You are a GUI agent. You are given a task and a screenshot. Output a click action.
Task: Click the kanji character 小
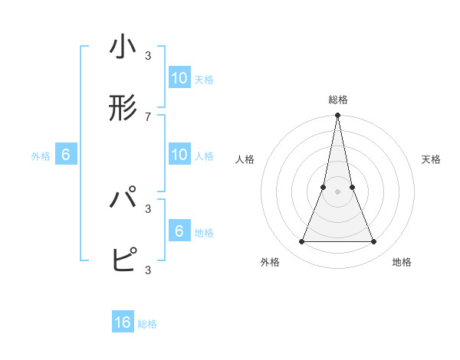point(123,47)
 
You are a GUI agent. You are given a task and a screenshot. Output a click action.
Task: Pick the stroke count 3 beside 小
point(148,55)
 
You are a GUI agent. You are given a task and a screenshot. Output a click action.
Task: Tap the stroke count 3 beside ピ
point(148,269)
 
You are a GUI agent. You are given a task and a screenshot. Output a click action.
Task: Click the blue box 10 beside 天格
point(179,78)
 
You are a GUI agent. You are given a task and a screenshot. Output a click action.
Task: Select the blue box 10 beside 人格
point(179,155)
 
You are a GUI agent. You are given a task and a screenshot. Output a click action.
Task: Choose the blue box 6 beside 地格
point(179,231)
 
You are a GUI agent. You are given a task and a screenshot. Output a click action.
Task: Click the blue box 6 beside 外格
point(66,155)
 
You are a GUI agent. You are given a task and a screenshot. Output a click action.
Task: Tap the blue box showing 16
point(123,322)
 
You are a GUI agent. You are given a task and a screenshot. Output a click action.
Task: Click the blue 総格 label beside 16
point(147,324)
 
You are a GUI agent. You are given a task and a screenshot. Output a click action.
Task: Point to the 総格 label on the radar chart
point(337,100)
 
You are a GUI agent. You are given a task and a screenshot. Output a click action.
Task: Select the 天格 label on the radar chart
point(431,159)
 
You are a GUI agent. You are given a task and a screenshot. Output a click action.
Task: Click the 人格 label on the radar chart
point(245,159)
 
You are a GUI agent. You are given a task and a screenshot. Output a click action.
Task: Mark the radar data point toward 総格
point(337,116)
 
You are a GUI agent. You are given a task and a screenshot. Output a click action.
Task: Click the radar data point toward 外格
point(301,242)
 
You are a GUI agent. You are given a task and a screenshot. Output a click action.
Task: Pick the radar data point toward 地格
point(374,242)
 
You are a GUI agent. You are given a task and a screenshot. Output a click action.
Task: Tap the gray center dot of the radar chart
point(337,192)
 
